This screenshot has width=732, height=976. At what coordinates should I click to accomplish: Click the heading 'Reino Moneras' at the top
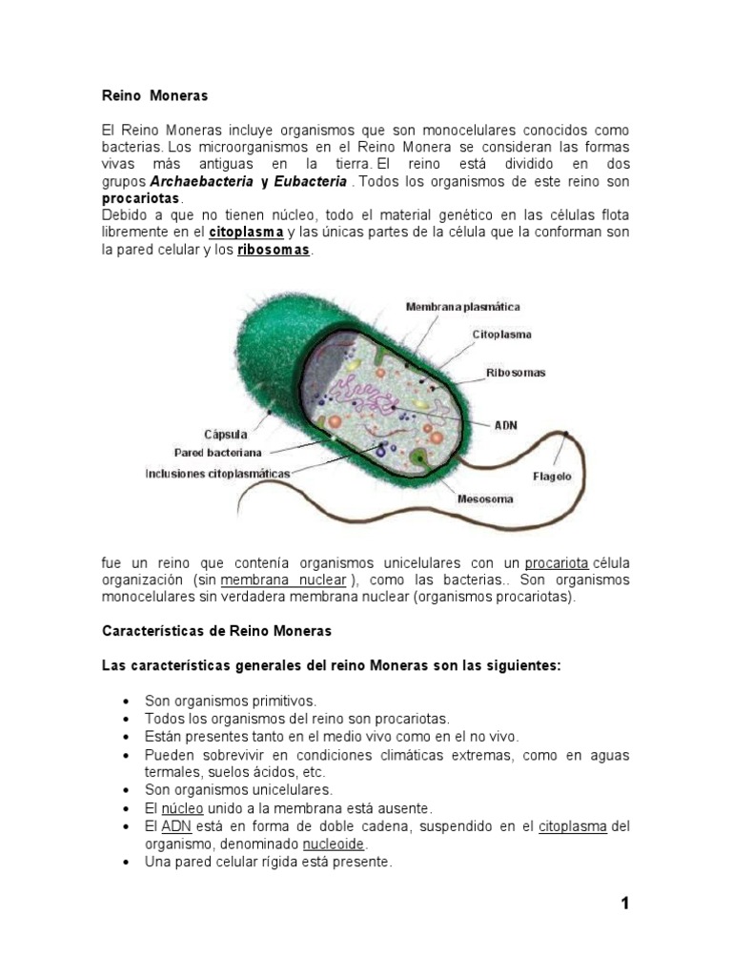pyautogui.click(x=154, y=96)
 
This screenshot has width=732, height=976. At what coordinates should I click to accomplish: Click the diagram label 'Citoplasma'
pyautogui.click(x=501, y=335)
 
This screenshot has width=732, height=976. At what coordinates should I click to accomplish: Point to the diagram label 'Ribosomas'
pyautogui.click(x=516, y=373)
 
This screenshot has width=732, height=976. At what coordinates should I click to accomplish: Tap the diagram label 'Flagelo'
pyautogui.click(x=551, y=477)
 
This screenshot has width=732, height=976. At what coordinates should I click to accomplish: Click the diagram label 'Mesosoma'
pyautogui.click(x=485, y=498)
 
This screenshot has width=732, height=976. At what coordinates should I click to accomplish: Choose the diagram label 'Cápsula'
pyautogui.click(x=227, y=434)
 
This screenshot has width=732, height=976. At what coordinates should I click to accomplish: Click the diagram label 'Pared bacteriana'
pyautogui.click(x=217, y=452)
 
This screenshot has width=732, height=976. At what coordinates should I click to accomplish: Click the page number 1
pyautogui.click(x=625, y=905)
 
